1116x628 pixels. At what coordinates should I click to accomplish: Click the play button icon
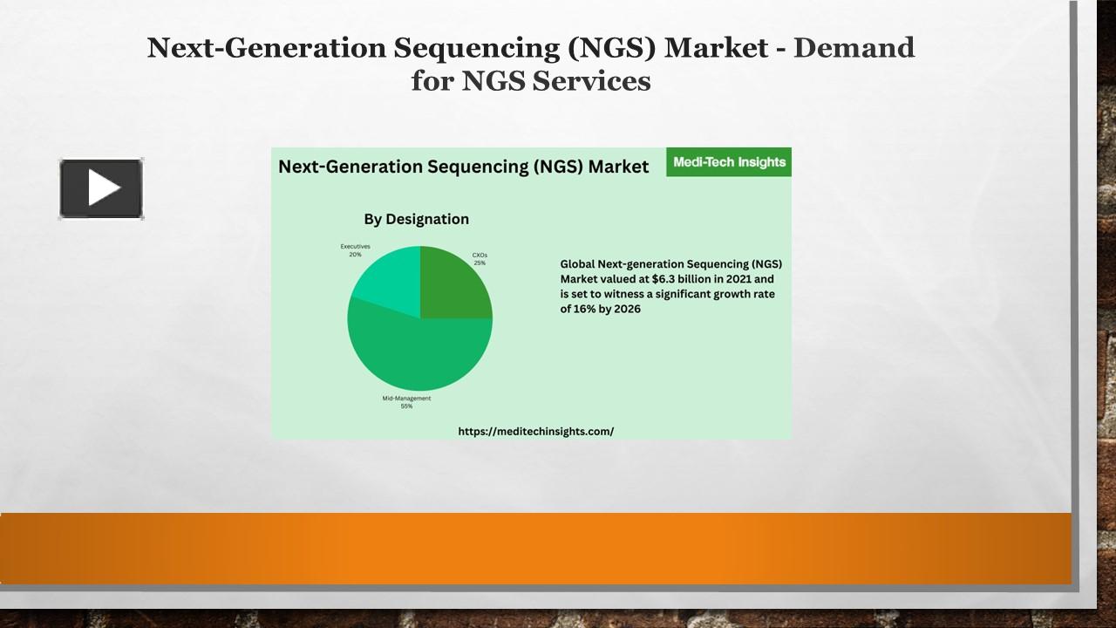pos(101,188)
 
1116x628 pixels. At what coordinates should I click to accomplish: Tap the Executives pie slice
pos(387,278)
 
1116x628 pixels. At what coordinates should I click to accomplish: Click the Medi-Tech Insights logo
pos(729,162)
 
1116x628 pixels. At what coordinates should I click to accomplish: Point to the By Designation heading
pos(416,219)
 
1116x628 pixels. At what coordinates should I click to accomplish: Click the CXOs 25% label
pos(480,259)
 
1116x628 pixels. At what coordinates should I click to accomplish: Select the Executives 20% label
pos(355,250)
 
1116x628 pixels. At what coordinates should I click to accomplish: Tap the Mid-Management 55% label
pos(406,402)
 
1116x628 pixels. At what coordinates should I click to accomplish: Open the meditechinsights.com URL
pos(535,431)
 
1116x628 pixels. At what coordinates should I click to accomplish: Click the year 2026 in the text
pos(625,309)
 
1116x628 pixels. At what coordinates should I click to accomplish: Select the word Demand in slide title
pos(854,47)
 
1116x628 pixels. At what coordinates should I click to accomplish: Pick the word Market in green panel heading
pos(618,167)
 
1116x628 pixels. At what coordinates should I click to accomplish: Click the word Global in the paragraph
pos(577,263)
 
